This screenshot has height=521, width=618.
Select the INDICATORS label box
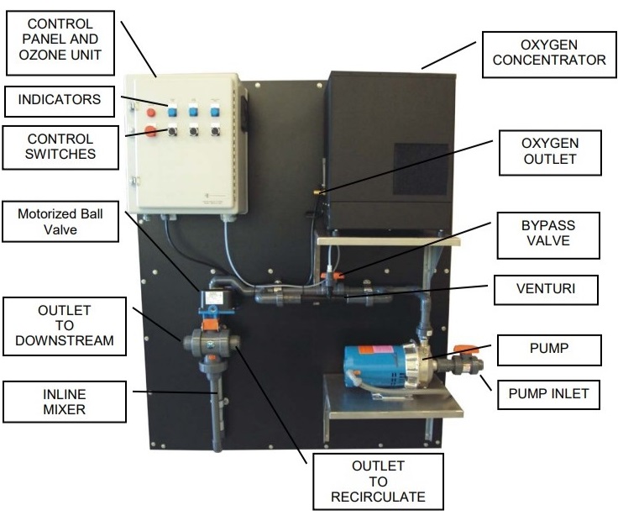pos(60,101)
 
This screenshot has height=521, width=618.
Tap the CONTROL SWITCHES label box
pos(60,145)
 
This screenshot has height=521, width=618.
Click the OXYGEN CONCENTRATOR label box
pos(549,51)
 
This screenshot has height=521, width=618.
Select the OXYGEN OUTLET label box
pos(549,152)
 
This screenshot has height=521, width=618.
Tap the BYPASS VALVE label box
pos(549,235)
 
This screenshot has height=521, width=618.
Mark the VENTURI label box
pos(549,291)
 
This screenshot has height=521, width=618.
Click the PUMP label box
pos(549,347)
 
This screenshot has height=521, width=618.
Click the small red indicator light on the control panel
pos(151,111)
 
